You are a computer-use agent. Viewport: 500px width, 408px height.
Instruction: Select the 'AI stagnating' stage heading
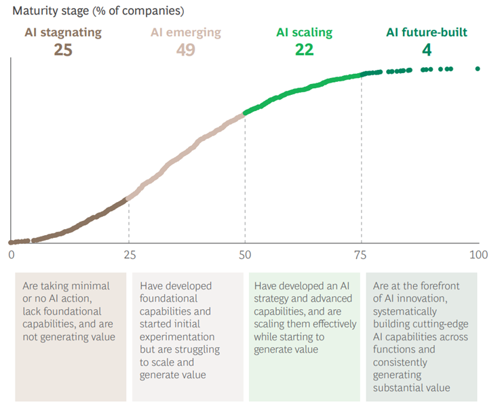click(63, 33)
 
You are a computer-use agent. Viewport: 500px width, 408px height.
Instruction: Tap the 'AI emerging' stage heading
click(185, 33)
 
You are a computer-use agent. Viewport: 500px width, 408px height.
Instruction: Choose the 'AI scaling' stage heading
click(304, 33)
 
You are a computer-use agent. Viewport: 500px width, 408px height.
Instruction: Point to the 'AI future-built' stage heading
click(427, 33)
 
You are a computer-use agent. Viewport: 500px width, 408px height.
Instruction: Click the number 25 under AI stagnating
click(63, 49)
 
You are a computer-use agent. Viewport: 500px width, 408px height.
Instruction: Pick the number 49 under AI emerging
click(185, 49)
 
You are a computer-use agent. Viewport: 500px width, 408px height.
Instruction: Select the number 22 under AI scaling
click(304, 49)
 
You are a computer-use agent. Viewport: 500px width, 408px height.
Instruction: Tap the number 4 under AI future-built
click(427, 49)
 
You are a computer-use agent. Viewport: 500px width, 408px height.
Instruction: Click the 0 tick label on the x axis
click(12, 255)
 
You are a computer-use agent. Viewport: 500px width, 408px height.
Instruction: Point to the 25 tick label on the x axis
click(128, 255)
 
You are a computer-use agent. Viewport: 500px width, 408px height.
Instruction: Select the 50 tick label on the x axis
click(245, 255)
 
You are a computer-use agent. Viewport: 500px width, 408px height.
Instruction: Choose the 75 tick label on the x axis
click(362, 255)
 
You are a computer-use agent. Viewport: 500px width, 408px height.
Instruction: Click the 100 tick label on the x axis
click(478, 255)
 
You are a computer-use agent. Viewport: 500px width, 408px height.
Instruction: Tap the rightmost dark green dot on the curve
click(478, 68)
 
